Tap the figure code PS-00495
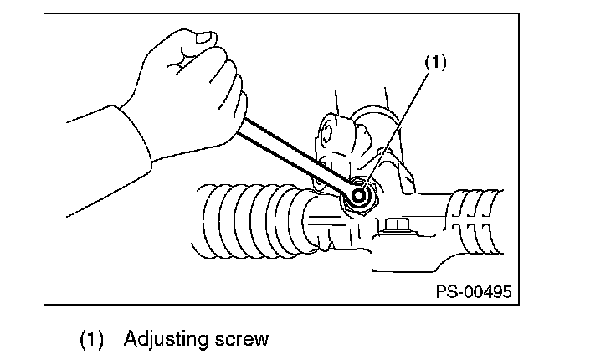(x=473, y=292)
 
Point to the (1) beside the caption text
(x=91, y=340)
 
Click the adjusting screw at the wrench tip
(x=361, y=197)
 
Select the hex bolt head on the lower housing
(x=395, y=225)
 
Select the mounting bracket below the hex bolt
(x=410, y=255)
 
